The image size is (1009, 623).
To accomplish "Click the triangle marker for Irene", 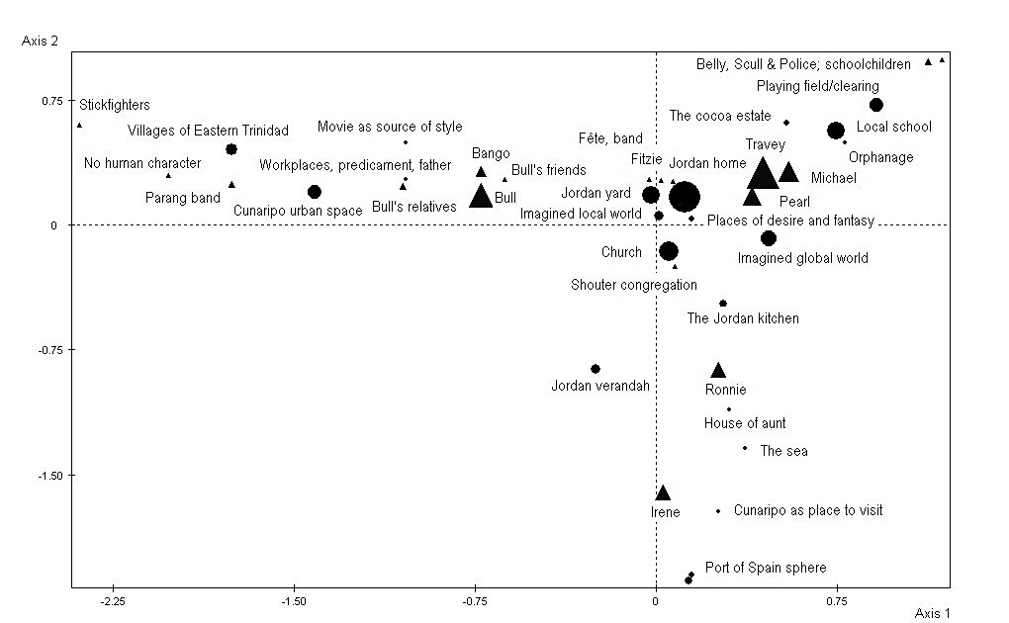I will [x=663, y=493].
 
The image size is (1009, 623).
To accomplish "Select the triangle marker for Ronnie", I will [x=718, y=371].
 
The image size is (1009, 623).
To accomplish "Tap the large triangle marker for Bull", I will [x=481, y=196].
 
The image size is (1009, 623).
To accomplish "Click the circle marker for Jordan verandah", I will [x=596, y=369].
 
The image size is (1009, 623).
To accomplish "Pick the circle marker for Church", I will [x=669, y=251].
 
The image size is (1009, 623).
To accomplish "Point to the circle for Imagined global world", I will [x=769, y=238].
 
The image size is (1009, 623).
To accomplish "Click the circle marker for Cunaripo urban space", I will [x=315, y=192].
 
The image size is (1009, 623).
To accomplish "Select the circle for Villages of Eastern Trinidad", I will [x=231, y=149].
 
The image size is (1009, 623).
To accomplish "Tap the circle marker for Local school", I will [x=836, y=131].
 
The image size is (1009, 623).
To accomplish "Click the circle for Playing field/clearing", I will [x=875, y=105].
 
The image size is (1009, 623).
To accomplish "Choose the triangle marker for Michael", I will [x=788, y=172].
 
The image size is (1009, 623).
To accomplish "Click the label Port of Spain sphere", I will [x=766, y=568].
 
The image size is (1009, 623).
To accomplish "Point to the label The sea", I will [x=783, y=451].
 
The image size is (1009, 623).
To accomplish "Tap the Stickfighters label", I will [x=115, y=104].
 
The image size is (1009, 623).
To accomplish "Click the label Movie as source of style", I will [x=390, y=127].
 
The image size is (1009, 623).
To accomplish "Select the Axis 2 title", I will [x=40, y=41].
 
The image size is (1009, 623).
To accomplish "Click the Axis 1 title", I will [x=932, y=613].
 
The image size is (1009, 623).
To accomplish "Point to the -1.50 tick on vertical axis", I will [x=46, y=475].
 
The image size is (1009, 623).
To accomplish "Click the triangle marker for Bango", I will [x=481, y=172].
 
